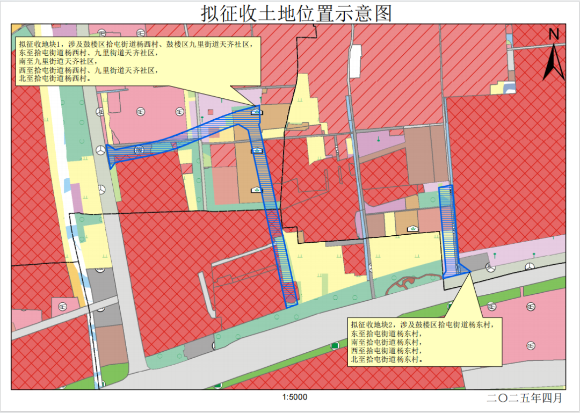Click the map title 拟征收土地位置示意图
pos(296,13)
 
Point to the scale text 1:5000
pos(294,398)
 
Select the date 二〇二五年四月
pos(524,398)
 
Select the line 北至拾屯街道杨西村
pos(54,78)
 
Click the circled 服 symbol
pos(140,149)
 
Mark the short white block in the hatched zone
pos(355,54)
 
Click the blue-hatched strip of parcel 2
pos(447,231)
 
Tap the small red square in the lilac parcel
pos(211,112)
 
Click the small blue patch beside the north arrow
pos(510,88)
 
